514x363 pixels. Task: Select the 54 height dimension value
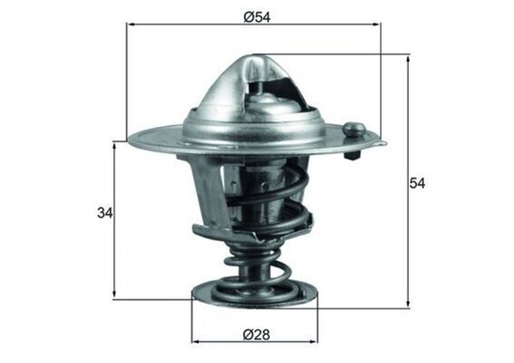click(x=417, y=183)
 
